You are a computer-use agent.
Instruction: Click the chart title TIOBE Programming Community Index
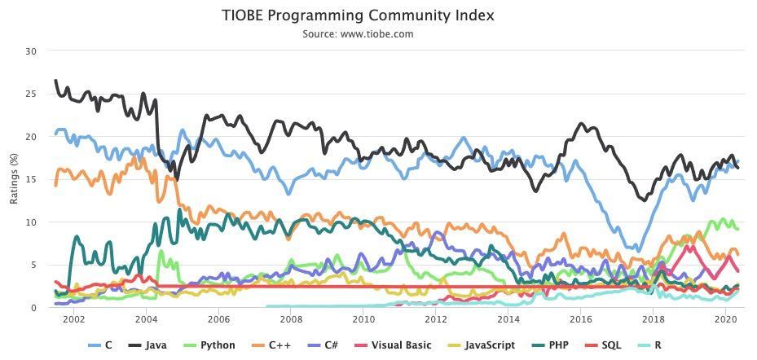click(x=358, y=15)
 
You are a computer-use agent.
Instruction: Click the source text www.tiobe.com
click(x=376, y=34)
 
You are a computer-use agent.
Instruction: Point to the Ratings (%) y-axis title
click(x=14, y=178)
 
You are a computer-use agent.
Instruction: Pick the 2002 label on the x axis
click(x=74, y=319)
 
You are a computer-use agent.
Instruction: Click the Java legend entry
click(x=147, y=345)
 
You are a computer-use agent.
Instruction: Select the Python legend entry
click(x=210, y=345)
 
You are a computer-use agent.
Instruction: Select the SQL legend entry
click(x=602, y=345)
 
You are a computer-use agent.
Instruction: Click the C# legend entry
click(x=321, y=345)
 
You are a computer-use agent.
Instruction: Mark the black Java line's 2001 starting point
click(x=55, y=80)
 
